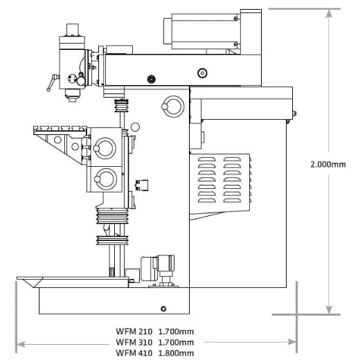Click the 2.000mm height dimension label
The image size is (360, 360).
click(x=327, y=164)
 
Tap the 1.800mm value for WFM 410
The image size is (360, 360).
click(x=176, y=352)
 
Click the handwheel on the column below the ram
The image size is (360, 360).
click(x=169, y=106)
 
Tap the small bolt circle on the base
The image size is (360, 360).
click(x=163, y=308)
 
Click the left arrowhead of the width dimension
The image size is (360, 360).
click(x=20, y=342)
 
